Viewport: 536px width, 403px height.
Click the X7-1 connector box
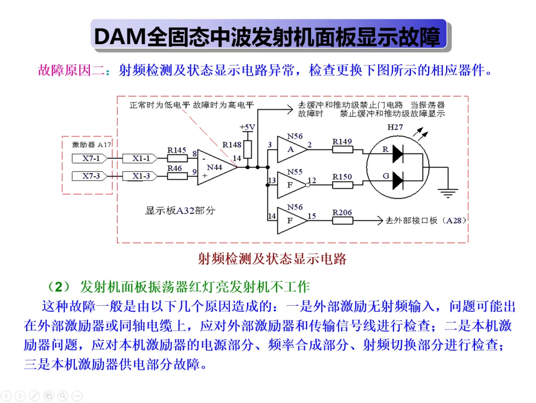89,158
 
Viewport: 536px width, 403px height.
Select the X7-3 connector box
89,176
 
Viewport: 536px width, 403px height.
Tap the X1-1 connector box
140,158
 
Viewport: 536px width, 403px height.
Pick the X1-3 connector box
140,176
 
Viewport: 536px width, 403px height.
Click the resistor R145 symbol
177,158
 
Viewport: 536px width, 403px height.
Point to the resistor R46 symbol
177,176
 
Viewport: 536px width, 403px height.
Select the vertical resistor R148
248,149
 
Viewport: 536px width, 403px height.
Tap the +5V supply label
247,127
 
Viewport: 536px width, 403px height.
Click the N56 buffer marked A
292,149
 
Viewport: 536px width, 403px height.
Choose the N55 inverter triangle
291,185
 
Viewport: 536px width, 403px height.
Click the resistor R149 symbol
342,149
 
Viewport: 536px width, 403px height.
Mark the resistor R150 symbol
342,185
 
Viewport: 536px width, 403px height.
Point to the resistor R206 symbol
342,220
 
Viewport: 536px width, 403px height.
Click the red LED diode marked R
398,154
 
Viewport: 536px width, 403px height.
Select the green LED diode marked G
398,181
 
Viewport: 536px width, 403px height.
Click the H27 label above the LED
395,127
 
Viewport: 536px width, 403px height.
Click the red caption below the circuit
272,259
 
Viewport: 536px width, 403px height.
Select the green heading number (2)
59,286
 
